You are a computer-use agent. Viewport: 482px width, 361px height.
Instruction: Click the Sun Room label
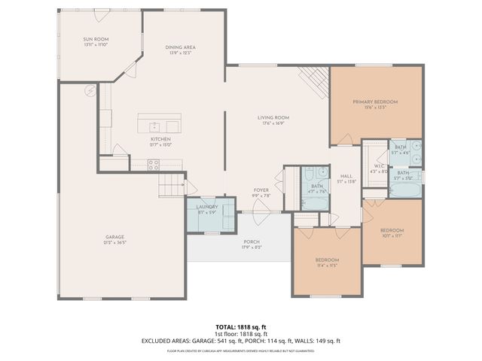click(x=96, y=38)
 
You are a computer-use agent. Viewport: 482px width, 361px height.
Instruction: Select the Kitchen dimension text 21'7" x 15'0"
click(x=160, y=145)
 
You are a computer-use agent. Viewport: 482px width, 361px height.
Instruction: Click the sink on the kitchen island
click(x=154, y=126)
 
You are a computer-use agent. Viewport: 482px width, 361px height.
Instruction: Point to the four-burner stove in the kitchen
click(x=153, y=165)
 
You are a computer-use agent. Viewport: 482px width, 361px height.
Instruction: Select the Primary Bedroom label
click(x=375, y=101)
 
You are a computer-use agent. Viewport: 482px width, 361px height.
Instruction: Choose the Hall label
click(x=346, y=176)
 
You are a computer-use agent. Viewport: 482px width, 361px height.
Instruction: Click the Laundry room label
click(x=207, y=207)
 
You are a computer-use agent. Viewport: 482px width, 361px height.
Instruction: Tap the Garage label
click(x=114, y=237)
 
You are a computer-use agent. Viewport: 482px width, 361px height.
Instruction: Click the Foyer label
click(x=261, y=190)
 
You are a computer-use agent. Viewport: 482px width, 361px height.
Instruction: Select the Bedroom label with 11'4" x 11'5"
click(x=326, y=259)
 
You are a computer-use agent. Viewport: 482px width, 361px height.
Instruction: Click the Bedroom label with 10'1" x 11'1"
click(x=392, y=229)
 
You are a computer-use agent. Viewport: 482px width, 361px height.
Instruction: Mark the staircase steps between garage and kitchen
click(x=171, y=183)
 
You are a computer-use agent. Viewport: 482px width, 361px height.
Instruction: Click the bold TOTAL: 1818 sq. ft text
click(x=240, y=326)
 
